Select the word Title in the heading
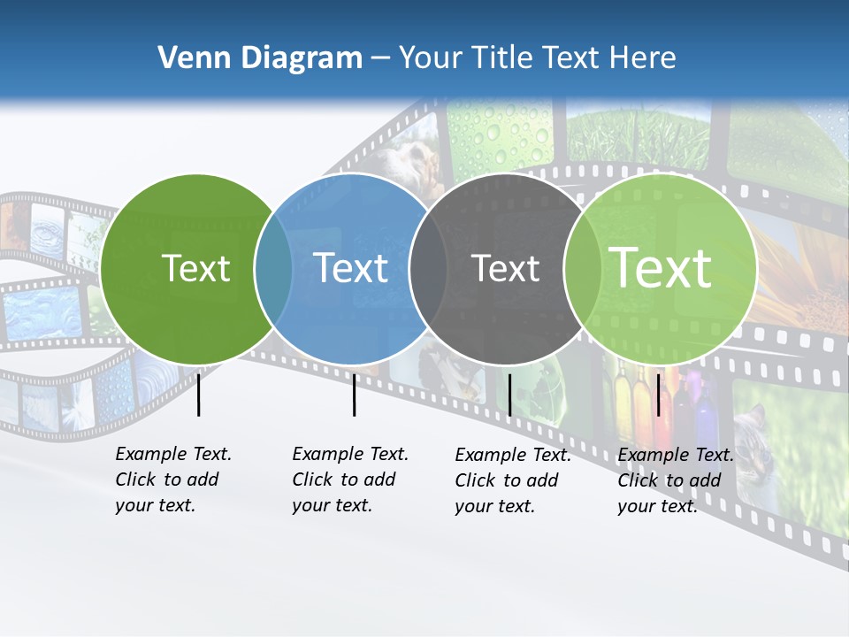(x=501, y=58)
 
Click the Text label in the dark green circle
(x=196, y=268)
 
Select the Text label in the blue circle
(x=351, y=268)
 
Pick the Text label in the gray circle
(x=506, y=268)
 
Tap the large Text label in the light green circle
(x=661, y=268)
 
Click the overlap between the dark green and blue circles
(x=273, y=269)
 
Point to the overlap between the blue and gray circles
(x=428, y=269)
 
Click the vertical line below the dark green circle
(x=199, y=395)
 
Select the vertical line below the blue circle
(x=354, y=395)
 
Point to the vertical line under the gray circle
(x=509, y=395)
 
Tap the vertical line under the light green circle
(x=658, y=395)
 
